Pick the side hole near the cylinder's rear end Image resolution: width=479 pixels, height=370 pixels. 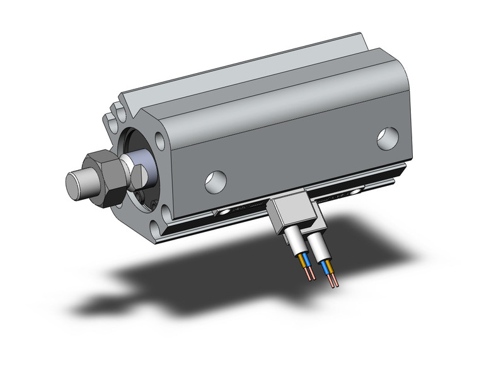coord(387,138)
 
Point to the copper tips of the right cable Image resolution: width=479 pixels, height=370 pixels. coord(332,280)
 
